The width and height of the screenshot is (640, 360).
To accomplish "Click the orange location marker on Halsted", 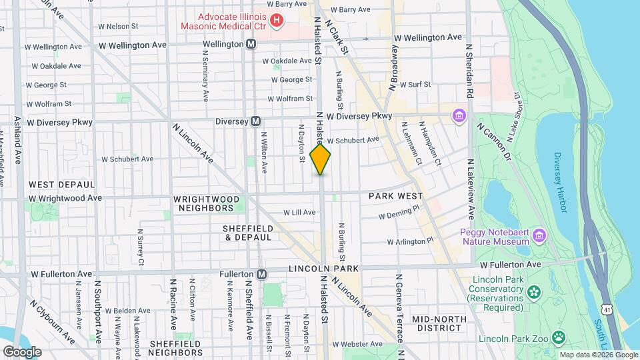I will [x=320, y=159].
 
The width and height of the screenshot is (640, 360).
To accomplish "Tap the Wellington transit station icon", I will [x=251, y=44].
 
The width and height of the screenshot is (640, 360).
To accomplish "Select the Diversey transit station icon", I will [x=255, y=121].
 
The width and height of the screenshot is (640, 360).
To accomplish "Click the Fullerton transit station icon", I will [x=262, y=274].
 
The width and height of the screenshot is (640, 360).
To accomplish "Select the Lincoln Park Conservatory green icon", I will [x=533, y=292].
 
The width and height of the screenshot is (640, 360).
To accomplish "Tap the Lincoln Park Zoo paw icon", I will [x=558, y=339].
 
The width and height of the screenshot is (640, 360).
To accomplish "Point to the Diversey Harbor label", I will [x=559, y=183].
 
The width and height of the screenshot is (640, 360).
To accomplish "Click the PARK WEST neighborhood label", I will [x=395, y=196].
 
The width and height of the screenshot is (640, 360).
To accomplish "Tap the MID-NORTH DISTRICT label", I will [x=439, y=324].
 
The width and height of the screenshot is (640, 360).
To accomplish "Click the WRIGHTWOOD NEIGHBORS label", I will [x=205, y=203].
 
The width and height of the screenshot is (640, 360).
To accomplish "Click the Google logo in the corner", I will [x=22, y=351].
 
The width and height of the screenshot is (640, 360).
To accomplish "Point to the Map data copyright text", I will [x=597, y=355].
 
